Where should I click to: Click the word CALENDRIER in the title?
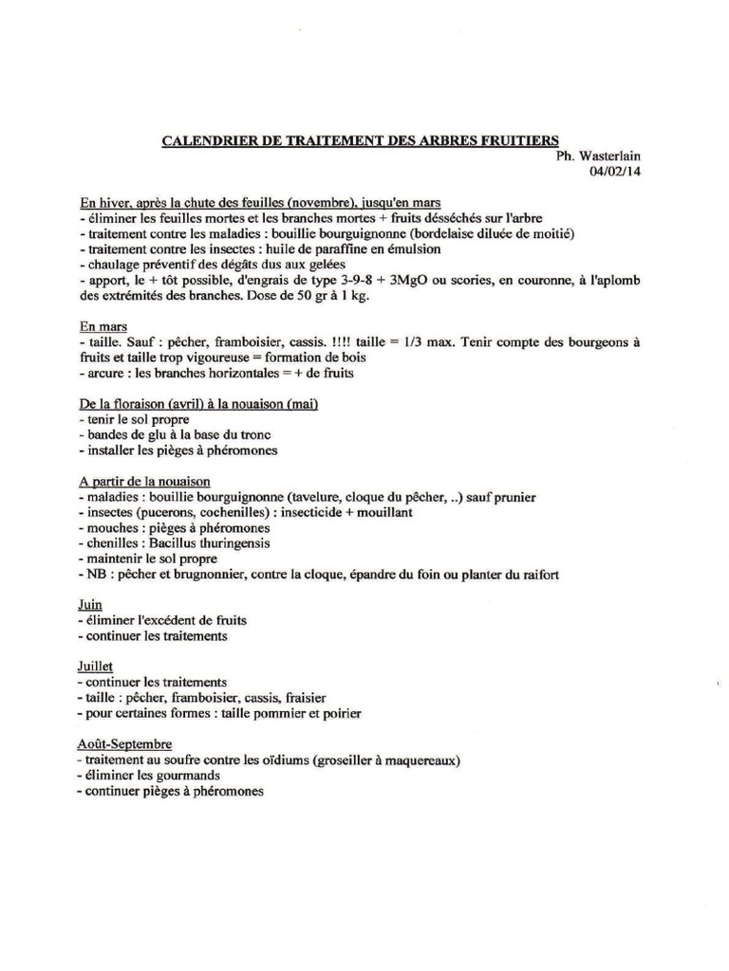click(203, 141)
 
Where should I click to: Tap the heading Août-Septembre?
click(125, 743)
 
